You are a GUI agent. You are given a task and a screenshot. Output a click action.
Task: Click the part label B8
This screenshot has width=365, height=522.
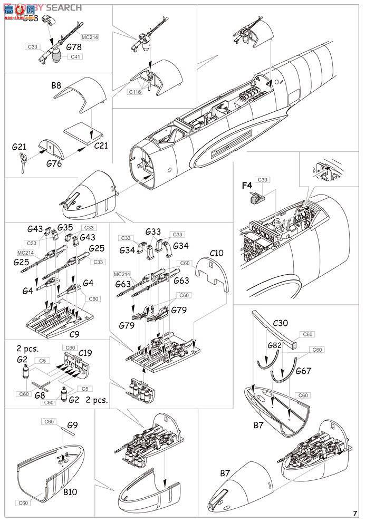tap(56, 85)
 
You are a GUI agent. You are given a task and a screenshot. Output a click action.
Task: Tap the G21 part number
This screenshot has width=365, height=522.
tap(19, 148)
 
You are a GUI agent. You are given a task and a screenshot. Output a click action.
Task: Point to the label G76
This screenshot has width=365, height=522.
tap(53, 164)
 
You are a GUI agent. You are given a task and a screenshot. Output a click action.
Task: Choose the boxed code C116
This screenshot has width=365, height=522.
tap(135, 92)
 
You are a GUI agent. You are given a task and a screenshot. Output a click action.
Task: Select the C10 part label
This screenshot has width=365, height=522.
tap(217, 253)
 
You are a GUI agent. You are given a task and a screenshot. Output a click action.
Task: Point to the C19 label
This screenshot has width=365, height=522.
tap(85, 353)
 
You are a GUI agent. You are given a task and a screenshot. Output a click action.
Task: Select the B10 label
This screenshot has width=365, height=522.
tap(71, 492)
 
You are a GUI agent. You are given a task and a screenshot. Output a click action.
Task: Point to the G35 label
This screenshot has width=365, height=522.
tap(65, 228)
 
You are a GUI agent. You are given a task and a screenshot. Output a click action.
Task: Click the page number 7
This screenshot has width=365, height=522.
tap(356, 514)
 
